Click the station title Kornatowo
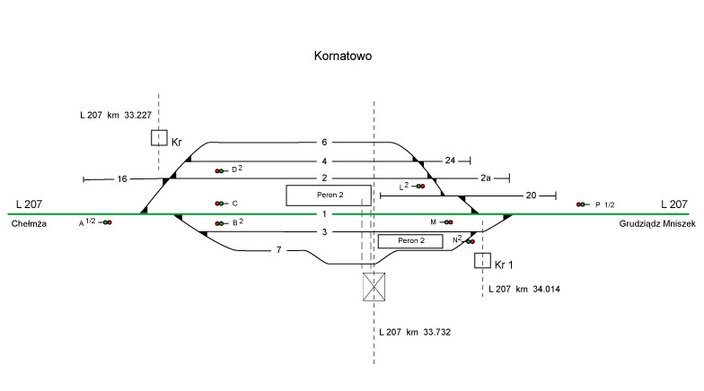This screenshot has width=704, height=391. point(342,56)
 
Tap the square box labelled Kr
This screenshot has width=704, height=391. point(159,138)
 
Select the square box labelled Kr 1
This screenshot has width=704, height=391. point(482,261)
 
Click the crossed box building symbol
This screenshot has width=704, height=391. point(374,287)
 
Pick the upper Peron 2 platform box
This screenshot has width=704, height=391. point(328,195)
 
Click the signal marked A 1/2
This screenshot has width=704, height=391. point(106,222)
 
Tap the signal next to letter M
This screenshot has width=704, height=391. point(447,222)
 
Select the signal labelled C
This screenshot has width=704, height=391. point(219,204)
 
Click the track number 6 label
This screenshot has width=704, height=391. point(324,143)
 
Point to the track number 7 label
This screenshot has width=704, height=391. point(279,249)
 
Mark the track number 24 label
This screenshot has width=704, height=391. point(451,161)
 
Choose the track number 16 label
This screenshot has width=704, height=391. point(122,179)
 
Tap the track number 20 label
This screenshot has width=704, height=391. point(531,195)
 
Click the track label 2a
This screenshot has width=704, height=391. point(485,178)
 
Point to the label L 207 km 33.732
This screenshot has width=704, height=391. point(414,332)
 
